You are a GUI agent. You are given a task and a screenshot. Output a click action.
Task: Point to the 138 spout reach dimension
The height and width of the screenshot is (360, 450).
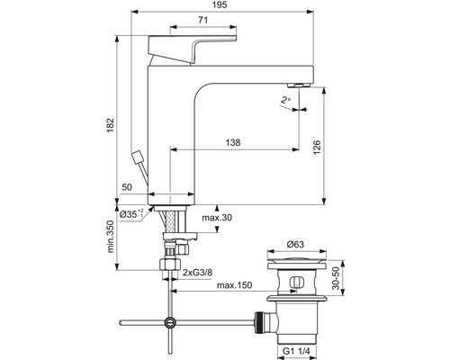[234, 141]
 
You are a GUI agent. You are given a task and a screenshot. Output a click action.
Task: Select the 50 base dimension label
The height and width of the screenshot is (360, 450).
[126, 185]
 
